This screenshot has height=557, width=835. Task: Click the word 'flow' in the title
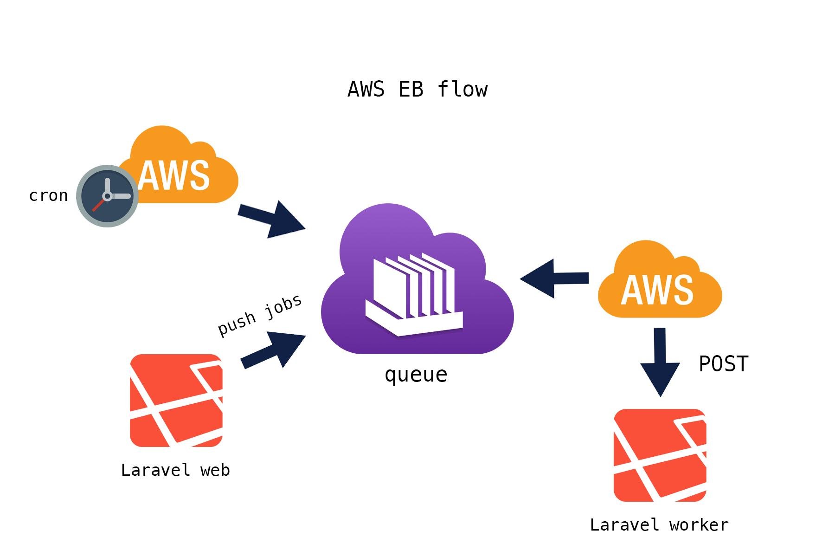[x=462, y=89]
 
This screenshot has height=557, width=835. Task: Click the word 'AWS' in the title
[x=366, y=89]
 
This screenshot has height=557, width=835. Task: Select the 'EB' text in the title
[x=411, y=89]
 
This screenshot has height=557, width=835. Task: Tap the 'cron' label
[x=48, y=195]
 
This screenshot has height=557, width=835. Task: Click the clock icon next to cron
[x=107, y=196]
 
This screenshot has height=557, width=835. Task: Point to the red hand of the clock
[x=99, y=204]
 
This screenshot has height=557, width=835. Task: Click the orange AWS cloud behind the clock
[x=186, y=172]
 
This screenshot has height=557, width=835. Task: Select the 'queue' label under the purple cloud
[x=416, y=375]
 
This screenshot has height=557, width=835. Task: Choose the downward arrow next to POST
[x=660, y=362]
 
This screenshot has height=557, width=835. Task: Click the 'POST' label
[x=723, y=364]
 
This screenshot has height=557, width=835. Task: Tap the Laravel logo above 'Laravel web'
[x=176, y=401]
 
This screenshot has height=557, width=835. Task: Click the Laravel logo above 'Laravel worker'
[x=660, y=455]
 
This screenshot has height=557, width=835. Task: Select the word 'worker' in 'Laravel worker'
[x=699, y=525]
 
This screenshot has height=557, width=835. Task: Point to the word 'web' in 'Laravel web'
[x=215, y=470]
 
